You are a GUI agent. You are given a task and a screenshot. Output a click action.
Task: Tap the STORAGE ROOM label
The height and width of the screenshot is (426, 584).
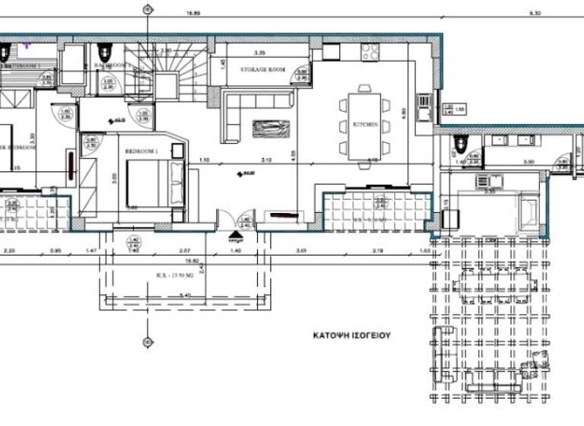coord(262,69)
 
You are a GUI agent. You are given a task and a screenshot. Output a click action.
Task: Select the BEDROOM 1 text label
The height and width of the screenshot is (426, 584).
coord(141,152)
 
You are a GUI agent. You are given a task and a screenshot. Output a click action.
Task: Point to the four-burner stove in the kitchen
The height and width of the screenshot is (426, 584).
coord(370,51)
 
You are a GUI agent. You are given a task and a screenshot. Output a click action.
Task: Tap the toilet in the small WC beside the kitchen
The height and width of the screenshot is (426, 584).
coord(458,143)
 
